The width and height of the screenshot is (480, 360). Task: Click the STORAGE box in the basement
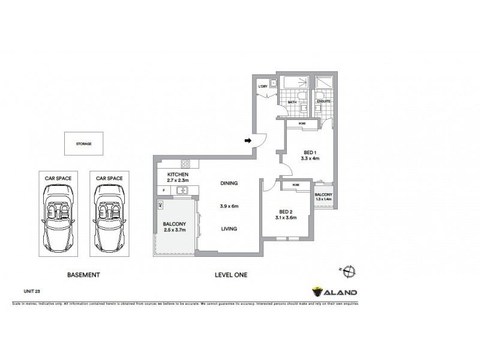click(84, 144)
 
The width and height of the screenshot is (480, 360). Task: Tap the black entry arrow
click(248, 141)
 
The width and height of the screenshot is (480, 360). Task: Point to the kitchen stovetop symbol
click(185, 163)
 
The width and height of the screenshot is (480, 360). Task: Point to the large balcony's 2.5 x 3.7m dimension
click(175, 230)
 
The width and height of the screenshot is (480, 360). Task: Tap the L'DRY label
click(262, 87)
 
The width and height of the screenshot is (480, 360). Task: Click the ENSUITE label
click(323, 103)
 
